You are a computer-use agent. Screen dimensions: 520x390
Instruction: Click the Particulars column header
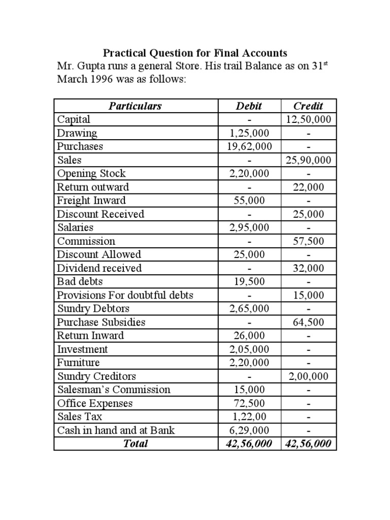click(135, 106)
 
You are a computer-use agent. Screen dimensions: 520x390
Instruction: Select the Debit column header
click(249, 106)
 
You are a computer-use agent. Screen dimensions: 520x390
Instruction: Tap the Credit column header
click(308, 106)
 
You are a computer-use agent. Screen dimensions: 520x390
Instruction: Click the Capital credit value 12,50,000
click(308, 120)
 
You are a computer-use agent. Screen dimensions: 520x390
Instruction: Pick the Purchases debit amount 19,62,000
click(249, 147)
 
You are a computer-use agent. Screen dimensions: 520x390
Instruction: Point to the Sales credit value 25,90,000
click(308, 160)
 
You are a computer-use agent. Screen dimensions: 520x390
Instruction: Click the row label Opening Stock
click(91, 174)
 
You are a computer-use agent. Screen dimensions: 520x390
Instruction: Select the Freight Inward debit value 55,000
click(249, 201)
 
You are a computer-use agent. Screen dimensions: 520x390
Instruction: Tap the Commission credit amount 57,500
click(308, 241)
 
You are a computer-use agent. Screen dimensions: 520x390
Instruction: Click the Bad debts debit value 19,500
click(249, 282)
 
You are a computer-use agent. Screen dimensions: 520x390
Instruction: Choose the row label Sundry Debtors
click(93, 309)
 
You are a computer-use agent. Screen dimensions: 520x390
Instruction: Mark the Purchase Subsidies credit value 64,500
click(308, 322)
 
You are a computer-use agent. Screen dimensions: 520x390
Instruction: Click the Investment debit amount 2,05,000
click(249, 349)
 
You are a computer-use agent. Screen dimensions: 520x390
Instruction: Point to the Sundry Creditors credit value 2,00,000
click(308, 376)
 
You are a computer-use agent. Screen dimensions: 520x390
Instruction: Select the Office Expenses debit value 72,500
click(249, 403)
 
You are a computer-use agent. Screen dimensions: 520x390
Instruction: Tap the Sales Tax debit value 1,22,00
click(249, 417)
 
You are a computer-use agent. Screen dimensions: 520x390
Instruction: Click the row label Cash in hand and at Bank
click(116, 431)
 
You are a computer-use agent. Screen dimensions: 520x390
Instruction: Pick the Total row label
click(135, 444)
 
